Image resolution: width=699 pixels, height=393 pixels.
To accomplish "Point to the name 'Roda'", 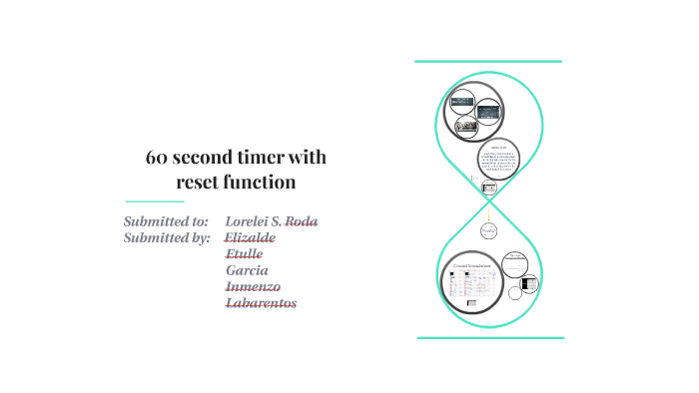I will (301, 220).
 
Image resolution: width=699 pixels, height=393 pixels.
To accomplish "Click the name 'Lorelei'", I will (250, 220).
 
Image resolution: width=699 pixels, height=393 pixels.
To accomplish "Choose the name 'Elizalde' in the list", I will (251, 237).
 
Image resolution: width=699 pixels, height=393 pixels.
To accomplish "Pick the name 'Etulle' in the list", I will (245, 254).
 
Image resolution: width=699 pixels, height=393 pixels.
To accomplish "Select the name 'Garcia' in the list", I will (247, 270).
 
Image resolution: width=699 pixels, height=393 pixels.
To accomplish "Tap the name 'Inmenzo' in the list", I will (254, 286).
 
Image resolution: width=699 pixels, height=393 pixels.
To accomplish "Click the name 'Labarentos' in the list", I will (262, 303).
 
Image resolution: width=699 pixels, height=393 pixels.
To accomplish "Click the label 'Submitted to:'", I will (166, 220).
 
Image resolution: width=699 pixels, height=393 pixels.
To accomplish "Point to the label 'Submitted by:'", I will (167, 237).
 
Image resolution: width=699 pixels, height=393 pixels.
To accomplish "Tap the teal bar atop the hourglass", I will (488, 62).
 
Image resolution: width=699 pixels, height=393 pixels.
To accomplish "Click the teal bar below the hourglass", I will (489, 338).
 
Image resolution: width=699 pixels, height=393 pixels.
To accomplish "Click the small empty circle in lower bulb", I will (515, 292).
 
